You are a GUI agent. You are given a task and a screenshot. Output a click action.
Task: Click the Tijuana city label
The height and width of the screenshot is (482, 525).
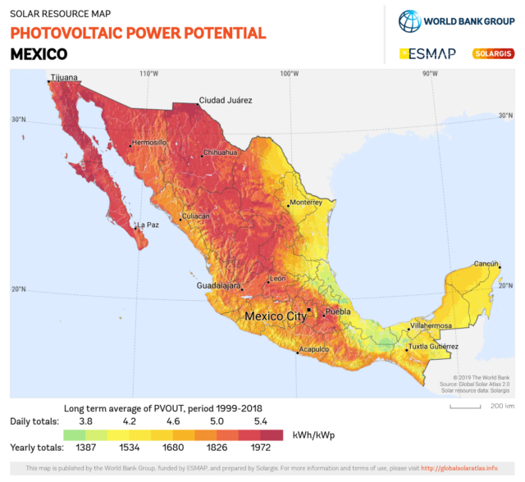pos(64,78)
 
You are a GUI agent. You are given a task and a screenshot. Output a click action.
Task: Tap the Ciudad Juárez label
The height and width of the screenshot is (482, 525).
pos(225,100)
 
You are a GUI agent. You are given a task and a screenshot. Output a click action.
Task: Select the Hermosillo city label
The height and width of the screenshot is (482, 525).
pos(149,142)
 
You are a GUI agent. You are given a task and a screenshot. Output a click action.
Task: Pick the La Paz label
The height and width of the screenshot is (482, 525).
pos(148,225)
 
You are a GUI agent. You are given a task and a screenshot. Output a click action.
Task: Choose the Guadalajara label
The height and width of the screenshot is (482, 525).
pos(218,285)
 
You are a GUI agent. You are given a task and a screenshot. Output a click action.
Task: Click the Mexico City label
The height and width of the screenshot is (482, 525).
pos(276,316)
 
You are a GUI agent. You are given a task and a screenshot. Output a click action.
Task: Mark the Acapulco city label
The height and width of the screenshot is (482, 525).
pos(314,349)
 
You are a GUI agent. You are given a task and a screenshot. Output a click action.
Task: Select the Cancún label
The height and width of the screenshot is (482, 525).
pos(486,263)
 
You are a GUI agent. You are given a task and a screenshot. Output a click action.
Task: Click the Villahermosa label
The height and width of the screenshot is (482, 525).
pos(431,325)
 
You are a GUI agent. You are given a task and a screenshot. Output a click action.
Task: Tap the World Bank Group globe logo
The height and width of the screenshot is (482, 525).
pos(409,20)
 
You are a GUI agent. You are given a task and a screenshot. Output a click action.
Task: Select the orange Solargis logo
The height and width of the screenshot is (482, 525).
pos(493,54)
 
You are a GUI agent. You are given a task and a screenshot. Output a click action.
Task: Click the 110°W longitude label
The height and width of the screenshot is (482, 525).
pos(148,74)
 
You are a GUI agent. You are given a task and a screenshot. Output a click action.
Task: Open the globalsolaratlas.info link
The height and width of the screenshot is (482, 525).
pos(459,468)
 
